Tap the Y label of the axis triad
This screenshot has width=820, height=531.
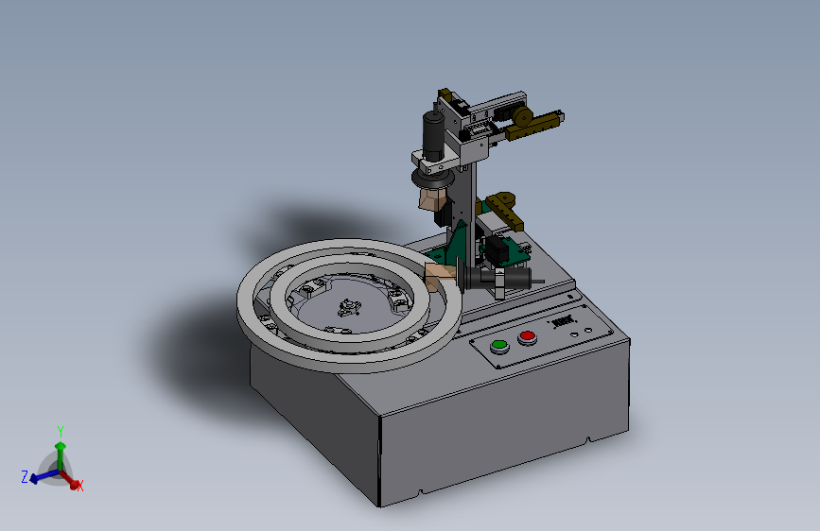pyautogui.click(x=61, y=432)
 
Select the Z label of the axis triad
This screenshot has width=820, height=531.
pyautogui.click(x=25, y=477)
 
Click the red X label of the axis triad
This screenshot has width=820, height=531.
pyautogui.click(x=80, y=486)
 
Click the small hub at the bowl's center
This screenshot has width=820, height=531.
pyautogui.click(x=347, y=306)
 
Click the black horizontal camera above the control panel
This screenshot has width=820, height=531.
pyautogui.click(x=509, y=280)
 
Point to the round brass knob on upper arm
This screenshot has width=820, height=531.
pyautogui.click(x=521, y=117)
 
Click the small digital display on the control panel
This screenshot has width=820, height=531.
pyautogui.click(x=564, y=321)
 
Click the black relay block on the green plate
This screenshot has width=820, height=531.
pyautogui.click(x=494, y=251)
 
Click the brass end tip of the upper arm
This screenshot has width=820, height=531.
pyautogui.click(x=558, y=117)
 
